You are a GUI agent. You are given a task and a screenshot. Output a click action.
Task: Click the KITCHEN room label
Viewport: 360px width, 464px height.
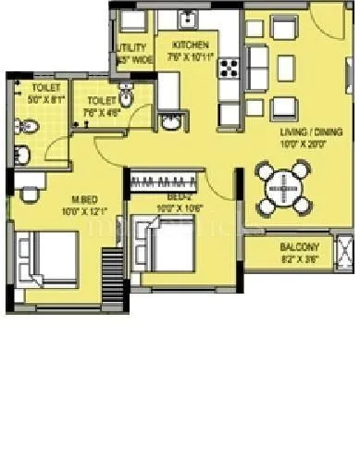[x=190, y=44]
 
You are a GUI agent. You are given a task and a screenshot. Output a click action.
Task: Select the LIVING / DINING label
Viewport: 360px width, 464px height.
[x=306, y=132]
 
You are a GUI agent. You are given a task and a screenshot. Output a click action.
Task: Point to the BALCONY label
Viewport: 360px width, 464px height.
[x=299, y=247]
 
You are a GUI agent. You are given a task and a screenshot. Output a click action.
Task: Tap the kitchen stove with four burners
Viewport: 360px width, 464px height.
[x=230, y=68]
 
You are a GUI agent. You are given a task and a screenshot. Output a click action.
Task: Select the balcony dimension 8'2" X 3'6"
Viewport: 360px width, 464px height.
[x=299, y=260]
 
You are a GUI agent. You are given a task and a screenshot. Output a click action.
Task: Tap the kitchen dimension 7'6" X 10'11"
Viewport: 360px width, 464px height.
[x=191, y=56]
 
